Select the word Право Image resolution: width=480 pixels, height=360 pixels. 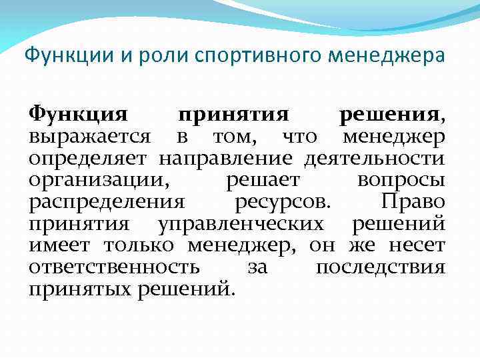click(x=412, y=201)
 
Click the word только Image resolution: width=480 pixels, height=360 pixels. click(x=139, y=245)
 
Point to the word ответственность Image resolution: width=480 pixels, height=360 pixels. click(x=114, y=267)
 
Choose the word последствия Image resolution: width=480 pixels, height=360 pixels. click(x=380, y=267)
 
